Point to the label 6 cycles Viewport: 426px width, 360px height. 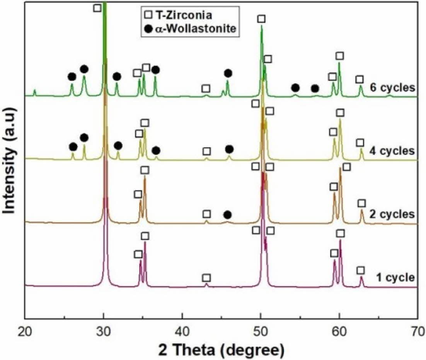pyautogui.click(x=392, y=87)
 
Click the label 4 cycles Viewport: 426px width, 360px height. pyautogui.click(x=392, y=150)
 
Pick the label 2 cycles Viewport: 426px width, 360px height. pyautogui.click(x=392, y=214)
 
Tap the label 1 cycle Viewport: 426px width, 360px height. pyautogui.click(x=394, y=277)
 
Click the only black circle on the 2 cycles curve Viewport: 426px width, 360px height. pyautogui.click(x=228, y=214)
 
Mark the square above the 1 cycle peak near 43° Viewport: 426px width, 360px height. pyautogui.click(x=206, y=278)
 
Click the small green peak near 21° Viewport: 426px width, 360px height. pyautogui.click(x=34, y=92)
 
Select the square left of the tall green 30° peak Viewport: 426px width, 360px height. pyautogui.click(x=97, y=8)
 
